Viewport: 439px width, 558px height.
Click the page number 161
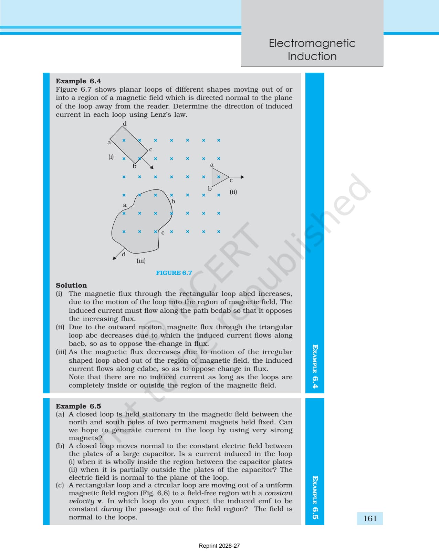[x=370, y=518]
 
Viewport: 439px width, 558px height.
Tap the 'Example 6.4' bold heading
[x=78, y=81]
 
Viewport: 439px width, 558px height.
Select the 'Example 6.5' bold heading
[x=78, y=406]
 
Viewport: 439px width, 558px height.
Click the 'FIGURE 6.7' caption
[x=174, y=273]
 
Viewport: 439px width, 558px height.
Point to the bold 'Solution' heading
[x=71, y=285]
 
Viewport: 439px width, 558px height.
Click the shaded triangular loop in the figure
[x=219, y=177]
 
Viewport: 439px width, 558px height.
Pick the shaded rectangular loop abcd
[x=129, y=145]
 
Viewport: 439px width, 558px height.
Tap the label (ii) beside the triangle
[x=233, y=192]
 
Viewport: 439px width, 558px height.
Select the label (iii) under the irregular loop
[x=141, y=261]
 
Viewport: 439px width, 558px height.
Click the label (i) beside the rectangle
[x=111, y=157]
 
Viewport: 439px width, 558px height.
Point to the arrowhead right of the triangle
[x=242, y=177]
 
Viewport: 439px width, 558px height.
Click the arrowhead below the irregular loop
[x=114, y=258]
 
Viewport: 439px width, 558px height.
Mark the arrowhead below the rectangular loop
[x=152, y=167]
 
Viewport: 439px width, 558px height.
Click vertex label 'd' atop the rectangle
[x=125, y=124]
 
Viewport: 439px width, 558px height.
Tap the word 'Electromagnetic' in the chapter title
[x=312, y=43]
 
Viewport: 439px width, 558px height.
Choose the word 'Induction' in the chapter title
[x=312, y=56]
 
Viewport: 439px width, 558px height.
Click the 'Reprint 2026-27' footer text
[x=219, y=546]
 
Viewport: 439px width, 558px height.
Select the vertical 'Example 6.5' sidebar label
[x=315, y=498]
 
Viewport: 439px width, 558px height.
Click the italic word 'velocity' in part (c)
[x=81, y=501]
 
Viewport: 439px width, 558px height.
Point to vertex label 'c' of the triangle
[x=231, y=180]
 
